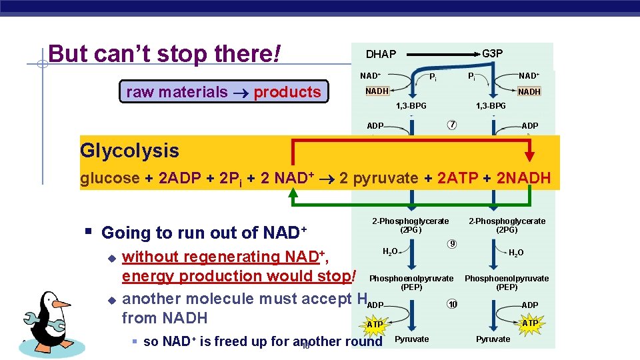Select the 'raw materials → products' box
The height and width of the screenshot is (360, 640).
(x=224, y=92)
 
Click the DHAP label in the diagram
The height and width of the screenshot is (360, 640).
(x=381, y=54)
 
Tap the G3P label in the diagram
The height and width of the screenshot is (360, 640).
(x=492, y=53)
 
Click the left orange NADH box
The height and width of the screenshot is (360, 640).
(x=377, y=91)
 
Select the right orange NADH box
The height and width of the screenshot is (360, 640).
(x=529, y=91)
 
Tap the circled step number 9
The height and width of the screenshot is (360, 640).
(x=452, y=244)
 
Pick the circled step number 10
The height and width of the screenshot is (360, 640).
(x=452, y=305)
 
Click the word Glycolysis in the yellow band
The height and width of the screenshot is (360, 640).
(x=129, y=151)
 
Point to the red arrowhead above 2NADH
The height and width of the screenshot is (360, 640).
(x=529, y=155)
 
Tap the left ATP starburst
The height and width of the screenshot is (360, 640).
(x=375, y=324)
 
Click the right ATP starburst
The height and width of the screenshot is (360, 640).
(x=529, y=323)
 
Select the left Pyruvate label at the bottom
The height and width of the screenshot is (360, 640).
(x=412, y=339)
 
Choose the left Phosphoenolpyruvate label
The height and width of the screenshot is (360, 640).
(x=411, y=278)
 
